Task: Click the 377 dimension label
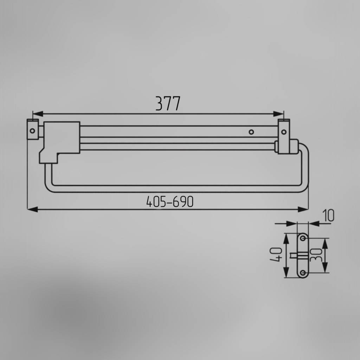point(168,104)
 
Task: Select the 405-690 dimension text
point(170,202)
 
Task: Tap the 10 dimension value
point(328,216)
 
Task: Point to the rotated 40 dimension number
point(276,255)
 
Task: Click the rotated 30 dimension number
point(316,255)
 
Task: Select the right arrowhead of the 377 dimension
point(278,114)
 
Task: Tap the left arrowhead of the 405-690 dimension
point(33,209)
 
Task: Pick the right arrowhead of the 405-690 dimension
point(303,209)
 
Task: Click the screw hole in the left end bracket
point(32,131)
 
